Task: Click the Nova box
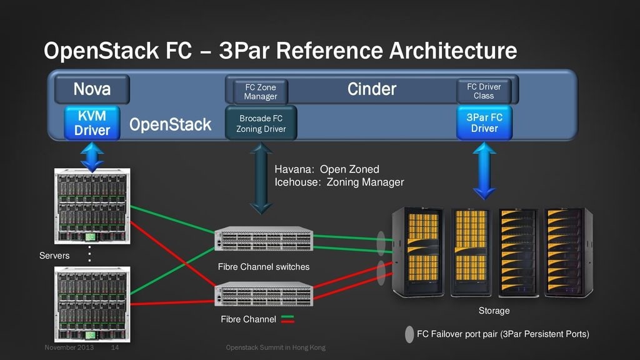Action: pyautogui.click(x=92, y=89)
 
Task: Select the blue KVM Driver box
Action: pyautogui.click(x=92, y=122)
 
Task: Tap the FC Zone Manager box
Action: pyautogui.click(x=260, y=92)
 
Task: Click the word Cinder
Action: pyautogui.click(x=372, y=89)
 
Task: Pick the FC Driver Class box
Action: pyautogui.click(x=484, y=91)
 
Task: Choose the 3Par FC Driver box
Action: pyautogui.click(x=484, y=122)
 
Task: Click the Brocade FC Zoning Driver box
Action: pyautogui.click(x=261, y=123)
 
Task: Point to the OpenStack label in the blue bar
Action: pyautogui.click(x=170, y=125)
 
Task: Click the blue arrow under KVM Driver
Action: pyautogui.click(x=92, y=156)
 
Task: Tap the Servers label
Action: pyautogui.click(x=54, y=256)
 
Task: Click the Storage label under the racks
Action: pyautogui.click(x=494, y=311)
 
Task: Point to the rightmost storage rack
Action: pyautogui.click(x=567, y=252)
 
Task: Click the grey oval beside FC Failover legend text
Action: pyautogui.click(x=409, y=334)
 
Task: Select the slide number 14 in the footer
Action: pyautogui.click(x=115, y=347)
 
